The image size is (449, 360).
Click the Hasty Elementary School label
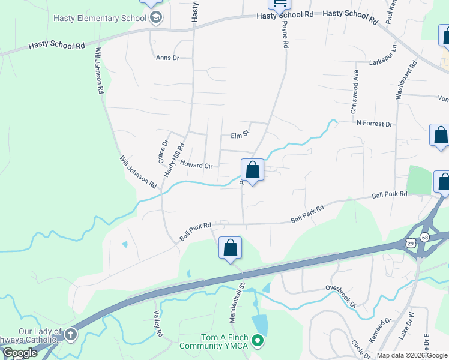coord(100,18)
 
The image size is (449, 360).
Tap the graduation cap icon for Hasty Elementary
coord(156,17)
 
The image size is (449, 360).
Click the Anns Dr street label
coord(167,58)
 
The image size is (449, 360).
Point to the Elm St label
coord(240,136)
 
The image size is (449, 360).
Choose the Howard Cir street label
coord(197,165)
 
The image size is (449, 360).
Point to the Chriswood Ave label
coord(355,97)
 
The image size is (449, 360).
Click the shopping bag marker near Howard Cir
coord(253,170)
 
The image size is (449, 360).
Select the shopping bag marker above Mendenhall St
coord(230,248)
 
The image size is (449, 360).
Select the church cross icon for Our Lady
coord(71,334)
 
